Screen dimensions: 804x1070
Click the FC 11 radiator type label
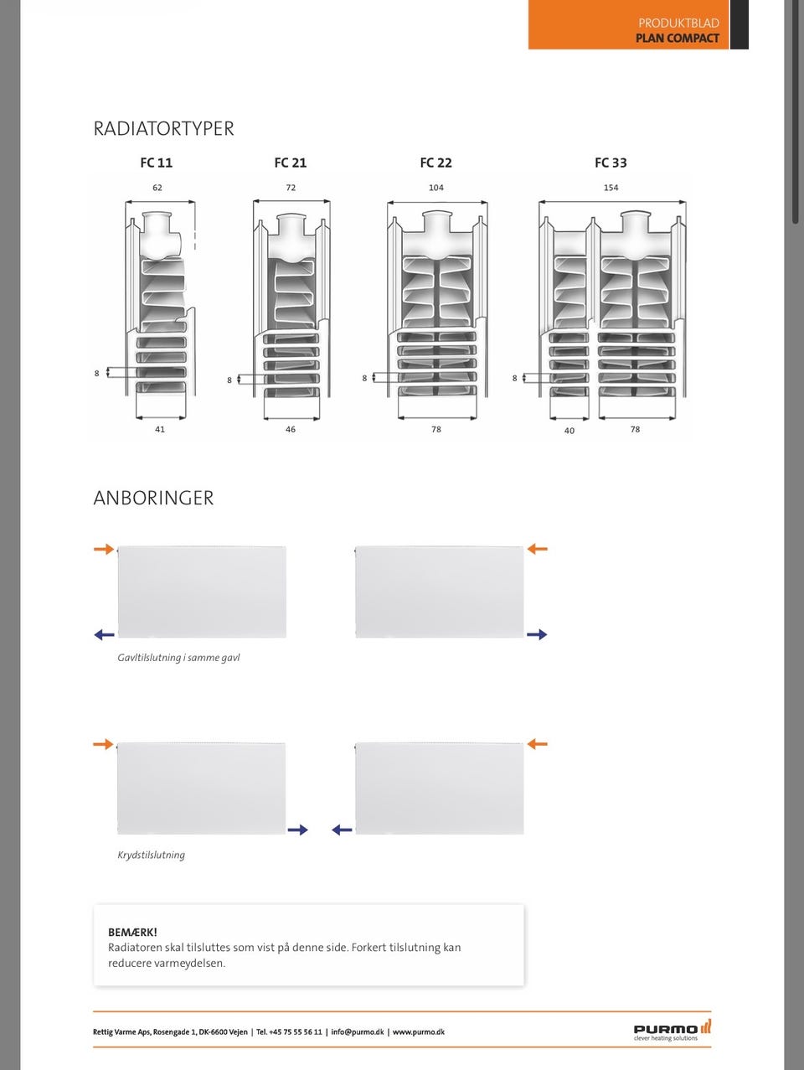coord(157,163)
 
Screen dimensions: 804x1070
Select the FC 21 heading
coord(291,163)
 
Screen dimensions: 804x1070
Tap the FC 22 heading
coord(436,163)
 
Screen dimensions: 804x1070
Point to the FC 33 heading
coord(611,163)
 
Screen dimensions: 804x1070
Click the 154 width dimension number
coord(611,188)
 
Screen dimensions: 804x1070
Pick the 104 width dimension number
coord(436,188)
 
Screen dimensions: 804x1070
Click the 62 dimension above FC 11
coord(157,188)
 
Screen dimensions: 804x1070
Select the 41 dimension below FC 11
coord(160,430)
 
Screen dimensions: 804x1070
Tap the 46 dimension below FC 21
coord(291,430)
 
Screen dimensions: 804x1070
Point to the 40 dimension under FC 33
coord(569,431)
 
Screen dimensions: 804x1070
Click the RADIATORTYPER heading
coord(163,129)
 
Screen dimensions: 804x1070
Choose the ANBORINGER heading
coord(153,498)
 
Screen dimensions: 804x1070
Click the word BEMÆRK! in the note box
coord(132,932)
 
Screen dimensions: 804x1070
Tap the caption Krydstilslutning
coord(151,855)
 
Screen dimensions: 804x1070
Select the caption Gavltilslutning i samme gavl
coord(179,658)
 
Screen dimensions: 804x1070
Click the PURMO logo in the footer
coord(673,1029)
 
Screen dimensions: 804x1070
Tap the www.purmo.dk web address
coord(419,1031)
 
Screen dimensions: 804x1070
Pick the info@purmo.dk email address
coord(358,1031)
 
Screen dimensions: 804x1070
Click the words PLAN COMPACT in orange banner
coord(678,38)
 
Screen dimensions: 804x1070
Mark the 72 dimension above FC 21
coord(291,188)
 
